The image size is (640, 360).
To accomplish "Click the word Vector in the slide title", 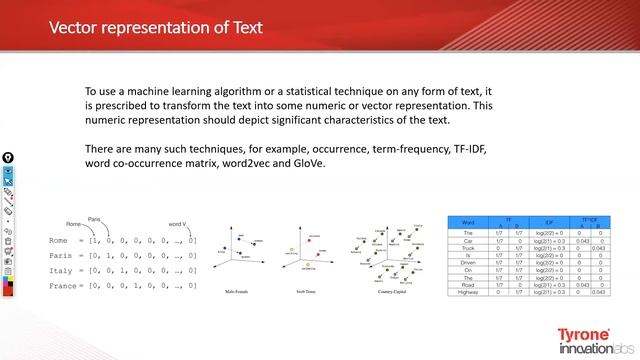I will click(76, 27).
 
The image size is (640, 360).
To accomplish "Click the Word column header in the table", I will click(467, 222).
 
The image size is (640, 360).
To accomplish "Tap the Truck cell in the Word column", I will click(467, 247).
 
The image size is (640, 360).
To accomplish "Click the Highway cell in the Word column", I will click(467, 291).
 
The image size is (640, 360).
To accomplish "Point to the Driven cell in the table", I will click(467, 262).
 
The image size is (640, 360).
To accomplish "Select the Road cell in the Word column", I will click(467, 284).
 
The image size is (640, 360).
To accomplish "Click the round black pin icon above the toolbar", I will click(7, 157).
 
